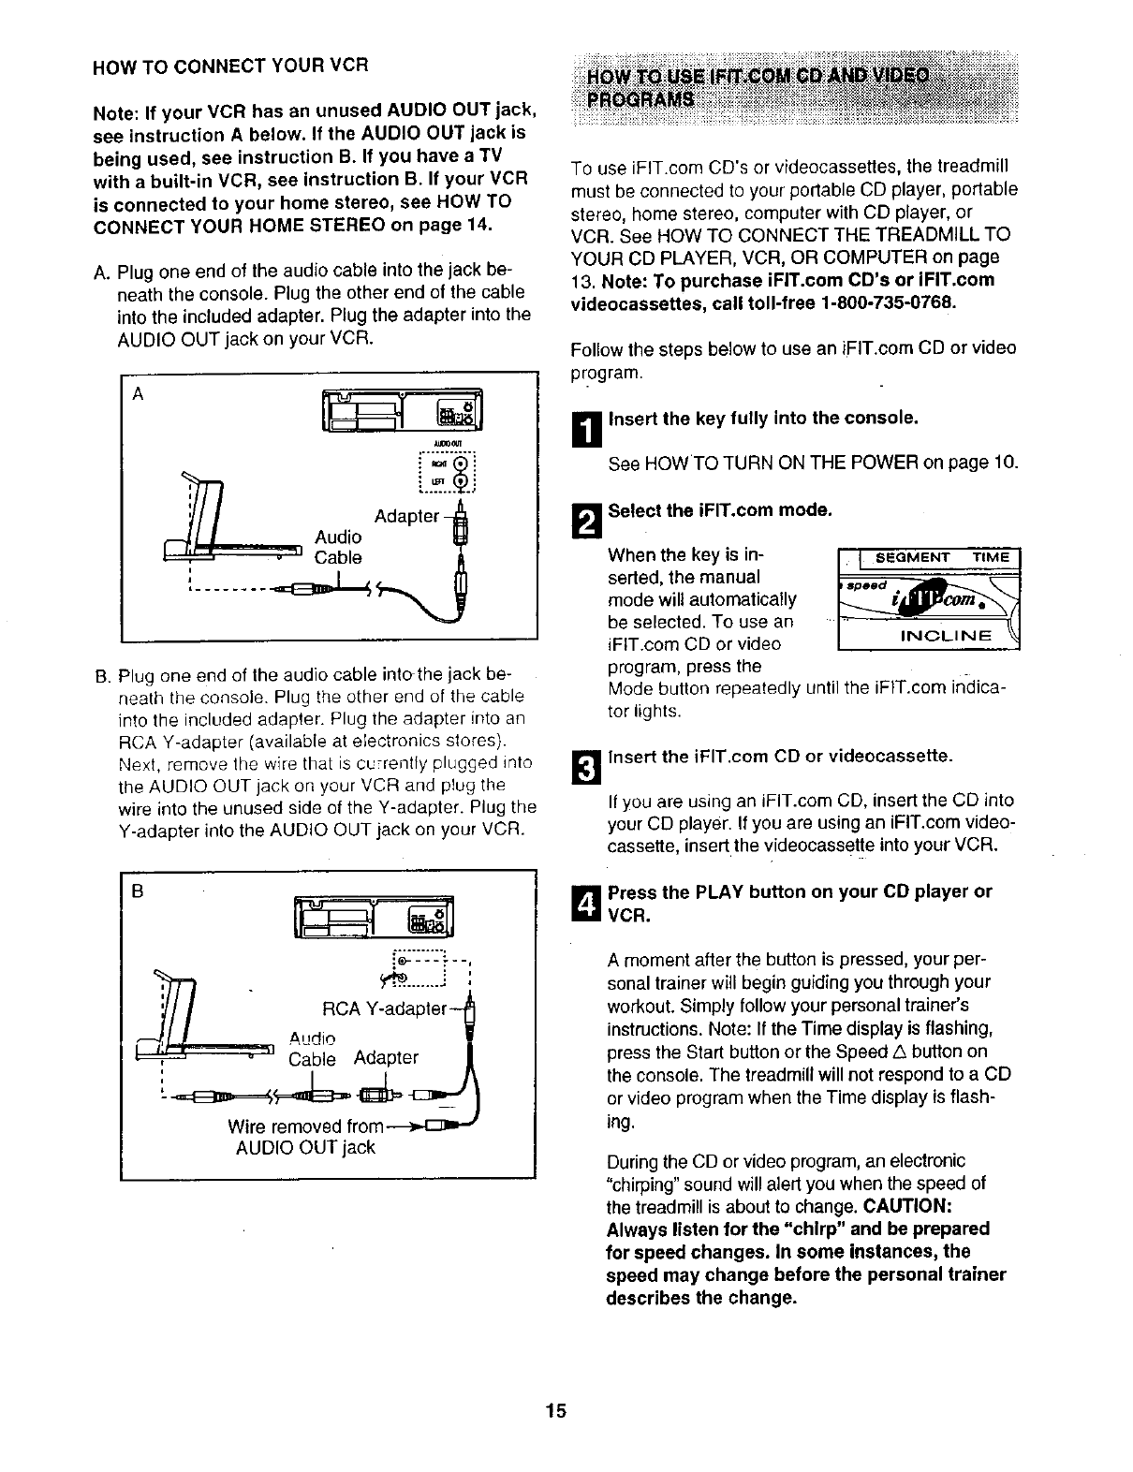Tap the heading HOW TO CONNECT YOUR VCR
pyautogui.click(x=229, y=66)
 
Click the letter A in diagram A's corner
pyautogui.click(x=138, y=394)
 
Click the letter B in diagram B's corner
pyautogui.click(x=138, y=891)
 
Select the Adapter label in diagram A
pyautogui.click(x=406, y=516)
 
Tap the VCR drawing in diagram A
pyautogui.click(x=400, y=410)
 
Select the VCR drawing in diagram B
pyautogui.click(x=374, y=915)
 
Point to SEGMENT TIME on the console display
pyautogui.click(x=941, y=558)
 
